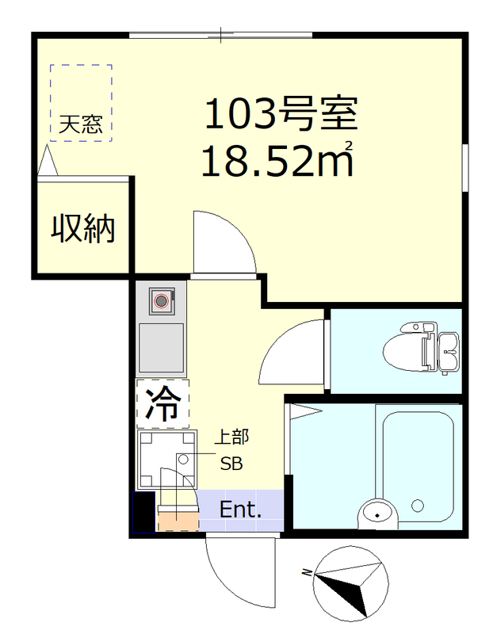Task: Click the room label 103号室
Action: (281, 116)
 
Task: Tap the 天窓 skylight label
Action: (81, 124)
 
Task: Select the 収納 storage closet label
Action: (83, 229)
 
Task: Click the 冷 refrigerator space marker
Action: (162, 405)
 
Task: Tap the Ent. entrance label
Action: (240, 510)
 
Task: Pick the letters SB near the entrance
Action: (231, 464)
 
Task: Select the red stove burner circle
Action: (162, 300)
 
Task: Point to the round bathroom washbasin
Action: (376, 515)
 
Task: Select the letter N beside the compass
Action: (307, 572)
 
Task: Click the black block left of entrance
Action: (143, 512)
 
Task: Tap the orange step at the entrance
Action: (177, 521)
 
